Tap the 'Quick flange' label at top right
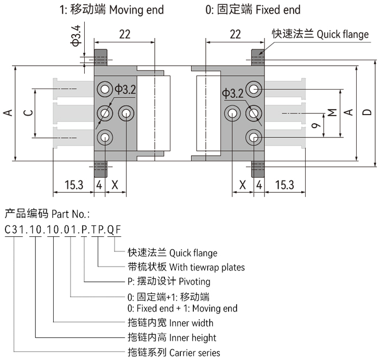343,35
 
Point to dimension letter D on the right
368,113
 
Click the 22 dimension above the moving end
124,34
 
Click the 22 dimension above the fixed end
235,34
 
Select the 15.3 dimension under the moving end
73,185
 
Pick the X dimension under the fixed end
242,185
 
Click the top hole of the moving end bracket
103,89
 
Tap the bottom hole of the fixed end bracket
254,137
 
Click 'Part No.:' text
71,212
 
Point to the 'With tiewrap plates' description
207,267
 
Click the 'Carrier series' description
195,352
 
